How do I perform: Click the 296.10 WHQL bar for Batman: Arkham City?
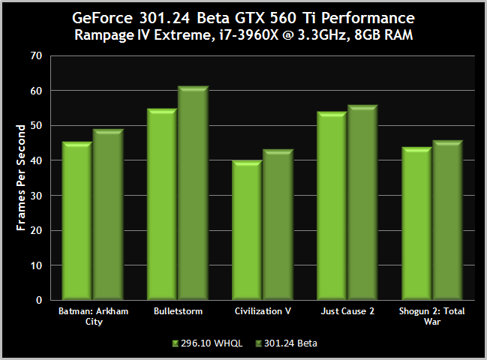(x=77, y=221)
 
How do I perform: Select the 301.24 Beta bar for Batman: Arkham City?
(x=108, y=215)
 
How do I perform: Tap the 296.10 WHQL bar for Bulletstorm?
(x=162, y=205)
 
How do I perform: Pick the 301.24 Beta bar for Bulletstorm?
(x=193, y=193)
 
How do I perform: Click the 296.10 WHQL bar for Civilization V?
(x=247, y=230)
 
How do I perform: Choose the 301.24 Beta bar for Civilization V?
(x=278, y=225)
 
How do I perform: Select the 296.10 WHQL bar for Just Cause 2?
(x=332, y=206)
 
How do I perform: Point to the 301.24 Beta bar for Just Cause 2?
(x=362, y=202)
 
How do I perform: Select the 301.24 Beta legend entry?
(x=286, y=343)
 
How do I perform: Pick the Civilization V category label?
(x=262, y=310)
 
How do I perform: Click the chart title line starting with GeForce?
(x=243, y=16)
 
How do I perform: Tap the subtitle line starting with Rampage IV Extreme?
(x=243, y=34)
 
